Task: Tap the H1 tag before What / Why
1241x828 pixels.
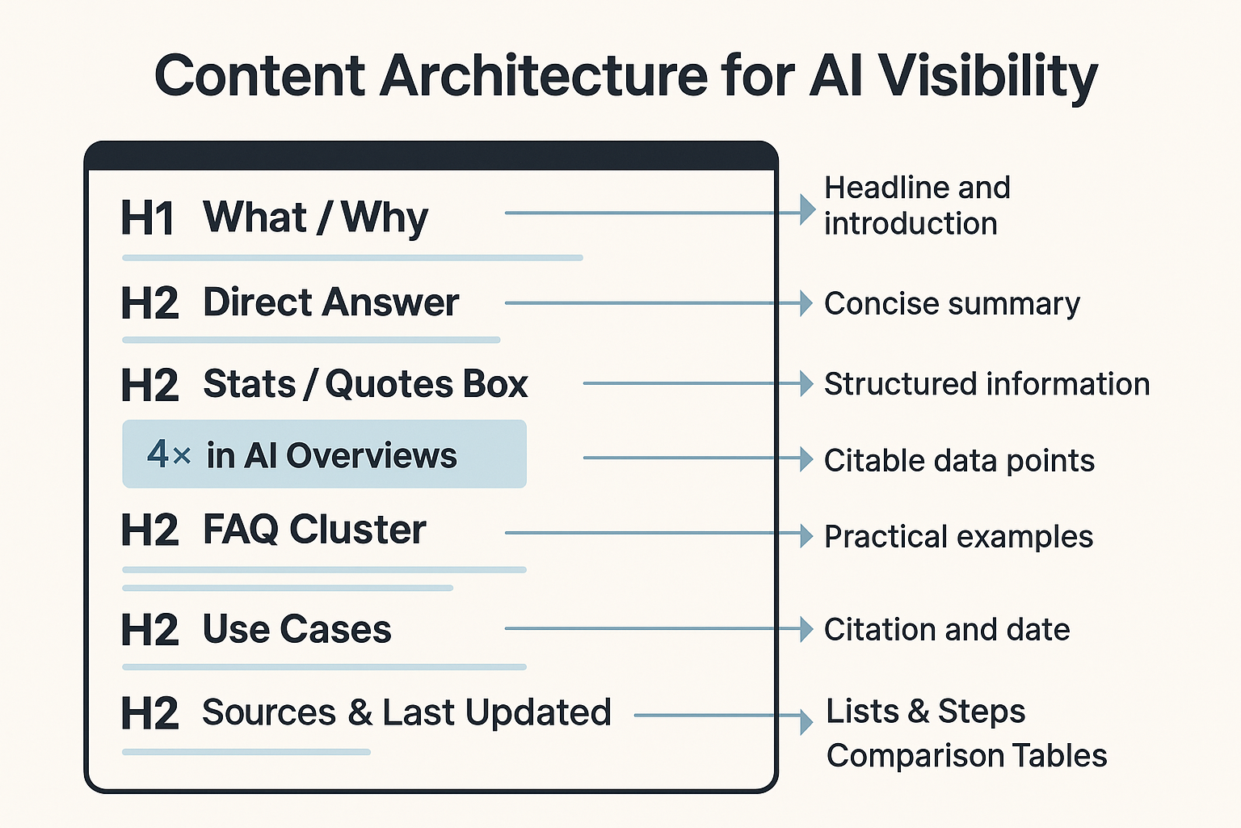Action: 147,218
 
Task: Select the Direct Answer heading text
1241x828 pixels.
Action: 330,302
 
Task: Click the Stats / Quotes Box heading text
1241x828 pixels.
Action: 365,383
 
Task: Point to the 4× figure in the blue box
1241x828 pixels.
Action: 169,454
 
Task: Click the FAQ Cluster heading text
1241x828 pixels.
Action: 314,530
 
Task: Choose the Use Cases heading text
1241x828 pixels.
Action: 297,629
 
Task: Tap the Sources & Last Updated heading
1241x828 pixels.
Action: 406,712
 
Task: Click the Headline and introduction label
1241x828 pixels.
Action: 916,205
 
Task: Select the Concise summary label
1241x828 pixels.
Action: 952,303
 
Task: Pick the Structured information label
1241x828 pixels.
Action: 986,383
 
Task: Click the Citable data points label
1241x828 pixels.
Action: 959,460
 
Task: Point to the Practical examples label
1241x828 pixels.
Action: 958,536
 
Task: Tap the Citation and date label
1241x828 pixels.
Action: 947,629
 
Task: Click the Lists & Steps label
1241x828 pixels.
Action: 925,712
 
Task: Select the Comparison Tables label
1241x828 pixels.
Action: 966,755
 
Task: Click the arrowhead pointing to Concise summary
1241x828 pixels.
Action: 806,303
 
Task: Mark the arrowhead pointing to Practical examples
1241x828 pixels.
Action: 806,535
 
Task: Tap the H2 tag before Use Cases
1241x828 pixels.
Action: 149,630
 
